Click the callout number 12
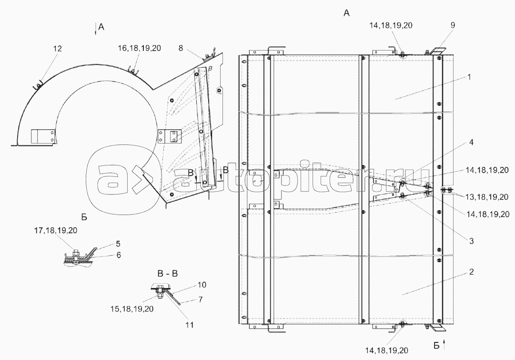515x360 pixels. click(57, 49)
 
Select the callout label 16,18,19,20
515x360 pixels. click(140, 48)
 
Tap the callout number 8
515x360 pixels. click(181, 48)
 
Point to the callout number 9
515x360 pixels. click(453, 25)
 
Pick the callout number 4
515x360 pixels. click(471, 143)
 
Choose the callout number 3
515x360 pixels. click(471, 241)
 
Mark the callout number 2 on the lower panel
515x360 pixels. click(471, 272)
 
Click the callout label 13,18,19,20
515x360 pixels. click(487, 197)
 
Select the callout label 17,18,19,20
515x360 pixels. click(56, 230)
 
